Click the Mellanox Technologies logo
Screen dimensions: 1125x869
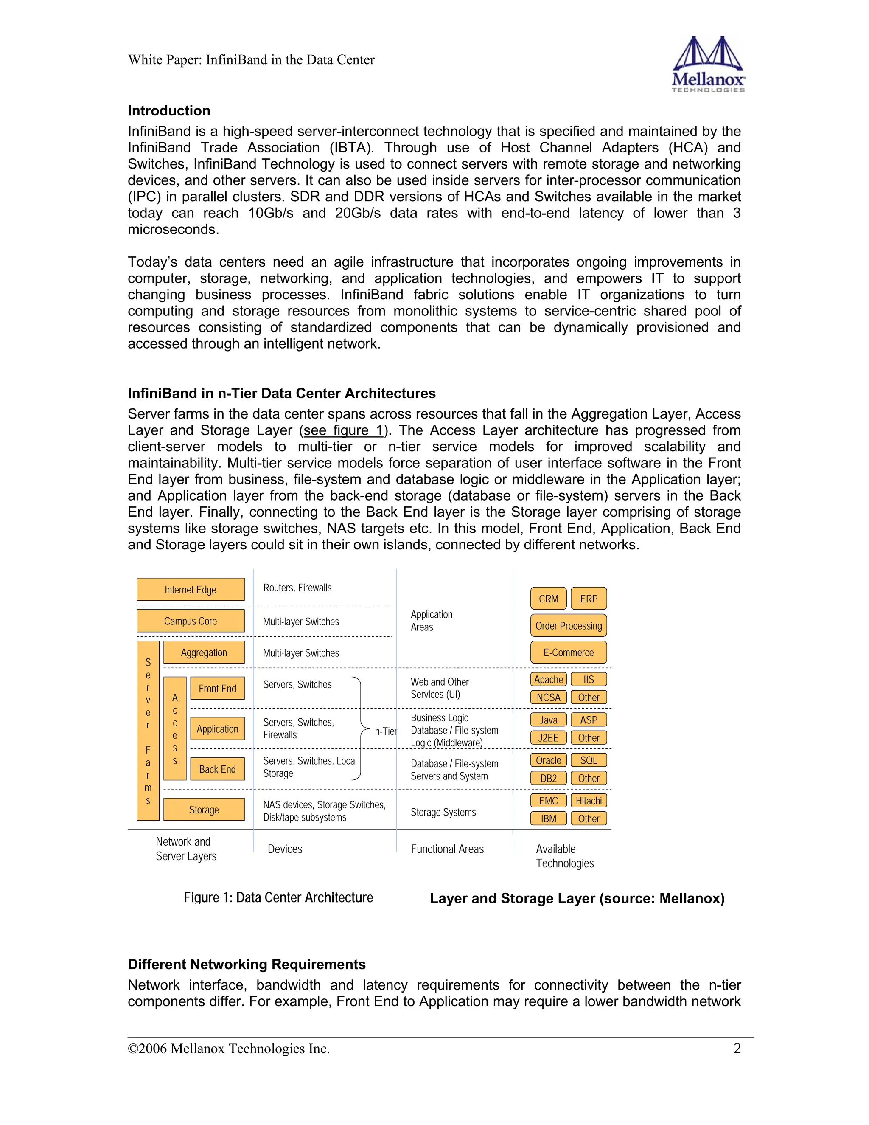tap(708, 65)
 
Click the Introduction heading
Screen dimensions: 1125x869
tap(169, 111)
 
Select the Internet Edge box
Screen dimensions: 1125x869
tap(191, 589)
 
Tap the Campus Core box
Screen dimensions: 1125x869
tap(191, 621)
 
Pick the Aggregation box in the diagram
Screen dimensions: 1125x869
tap(204, 652)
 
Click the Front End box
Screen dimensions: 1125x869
tap(217, 688)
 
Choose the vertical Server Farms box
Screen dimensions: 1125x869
tap(148, 731)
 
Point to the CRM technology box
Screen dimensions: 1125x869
tap(548, 599)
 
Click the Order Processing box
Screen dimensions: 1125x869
tap(568, 625)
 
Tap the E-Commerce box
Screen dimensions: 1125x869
tap(568, 652)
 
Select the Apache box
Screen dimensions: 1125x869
tap(548, 679)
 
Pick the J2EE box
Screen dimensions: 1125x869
tap(548, 738)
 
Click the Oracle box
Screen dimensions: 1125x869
tap(548, 760)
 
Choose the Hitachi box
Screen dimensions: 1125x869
tap(589, 801)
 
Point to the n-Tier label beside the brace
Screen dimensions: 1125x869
tap(386, 731)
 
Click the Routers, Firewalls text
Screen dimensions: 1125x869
tap(297, 588)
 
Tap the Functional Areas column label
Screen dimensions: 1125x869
tap(447, 849)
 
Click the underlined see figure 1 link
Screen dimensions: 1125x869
tap(343, 430)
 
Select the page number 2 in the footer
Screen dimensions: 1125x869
tap(737, 1048)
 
